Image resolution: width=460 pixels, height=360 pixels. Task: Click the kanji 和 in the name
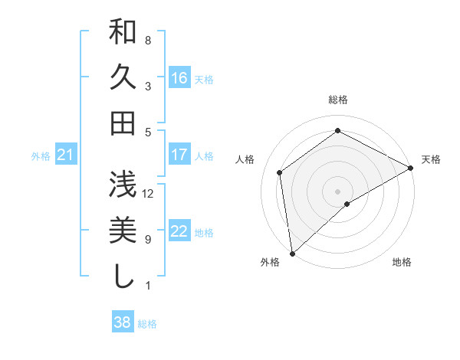[x=123, y=34]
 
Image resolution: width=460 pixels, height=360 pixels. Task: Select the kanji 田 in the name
[x=123, y=123]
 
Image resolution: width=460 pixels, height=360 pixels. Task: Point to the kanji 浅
[x=123, y=185]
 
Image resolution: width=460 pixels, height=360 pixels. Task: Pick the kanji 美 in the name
[x=123, y=230]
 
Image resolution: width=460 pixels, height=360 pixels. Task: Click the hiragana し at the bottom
[x=123, y=275]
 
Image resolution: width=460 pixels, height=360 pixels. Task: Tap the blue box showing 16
[x=179, y=78]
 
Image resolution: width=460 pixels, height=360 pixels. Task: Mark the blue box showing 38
[x=123, y=323]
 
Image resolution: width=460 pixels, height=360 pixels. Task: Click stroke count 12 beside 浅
[x=148, y=193]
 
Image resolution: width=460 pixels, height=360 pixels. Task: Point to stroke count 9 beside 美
[x=148, y=239]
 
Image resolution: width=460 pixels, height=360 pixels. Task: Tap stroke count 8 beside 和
[x=148, y=40]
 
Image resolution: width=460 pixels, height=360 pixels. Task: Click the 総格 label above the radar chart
[x=338, y=100]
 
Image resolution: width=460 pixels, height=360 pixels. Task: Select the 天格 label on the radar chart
[x=432, y=159]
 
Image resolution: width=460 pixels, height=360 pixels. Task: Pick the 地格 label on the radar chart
[x=402, y=263]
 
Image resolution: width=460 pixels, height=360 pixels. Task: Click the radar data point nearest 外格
[x=292, y=253]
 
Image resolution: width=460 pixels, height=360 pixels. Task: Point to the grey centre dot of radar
[x=338, y=191]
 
